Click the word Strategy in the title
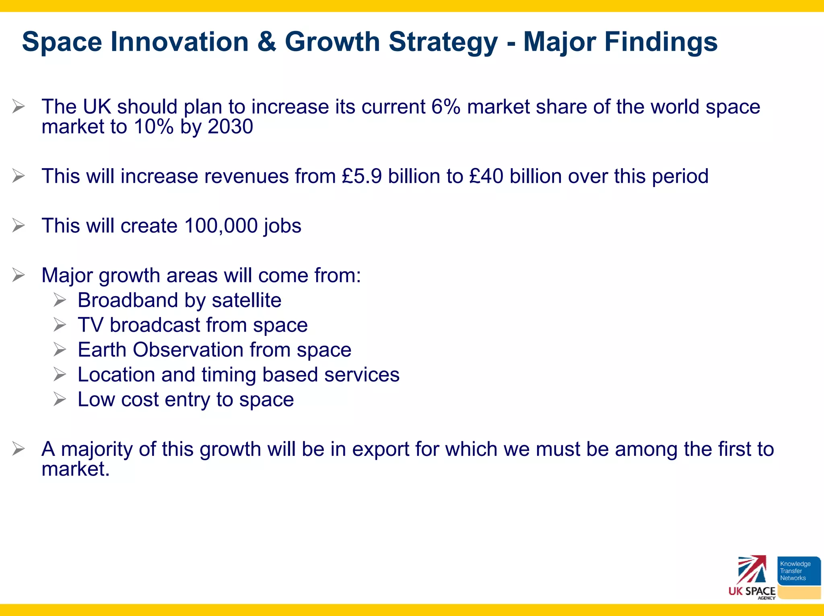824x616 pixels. pyautogui.click(x=443, y=42)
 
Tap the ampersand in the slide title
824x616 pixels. pyautogui.click(x=267, y=41)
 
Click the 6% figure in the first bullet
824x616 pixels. pyautogui.click(x=446, y=107)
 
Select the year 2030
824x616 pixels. pyautogui.click(x=231, y=127)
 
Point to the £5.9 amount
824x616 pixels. pyautogui.click(x=362, y=176)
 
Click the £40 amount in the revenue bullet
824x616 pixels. pyautogui.click(x=486, y=176)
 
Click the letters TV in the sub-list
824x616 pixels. pyautogui.click(x=90, y=325)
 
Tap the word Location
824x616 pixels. pyautogui.click(x=116, y=375)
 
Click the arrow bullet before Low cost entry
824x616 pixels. pyautogui.click(x=60, y=399)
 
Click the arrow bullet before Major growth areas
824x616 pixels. pyautogui.click(x=19, y=275)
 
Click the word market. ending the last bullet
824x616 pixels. pyautogui.click(x=75, y=469)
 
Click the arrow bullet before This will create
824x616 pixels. pyautogui.click(x=19, y=225)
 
